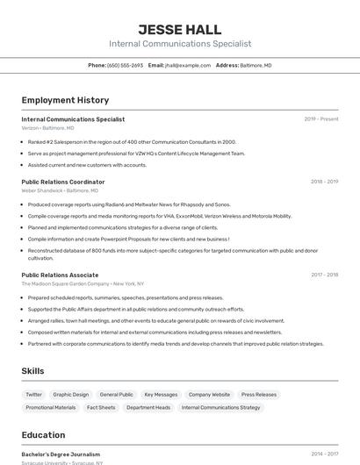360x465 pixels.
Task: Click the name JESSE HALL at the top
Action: pyautogui.click(x=180, y=30)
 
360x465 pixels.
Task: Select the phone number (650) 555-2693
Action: pyautogui.click(x=125, y=65)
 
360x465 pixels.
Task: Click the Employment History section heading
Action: pyautogui.click(x=65, y=100)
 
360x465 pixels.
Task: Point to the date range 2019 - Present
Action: pyautogui.click(x=321, y=119)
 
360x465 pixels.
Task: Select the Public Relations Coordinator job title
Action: pyautogui.click(x=63, y=182)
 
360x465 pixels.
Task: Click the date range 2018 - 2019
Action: pyautogui.click(x=324, y=182)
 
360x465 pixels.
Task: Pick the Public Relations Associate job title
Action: pyautogui.click(x=60, y=275)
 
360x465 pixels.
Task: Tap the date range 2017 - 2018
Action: pyautogui.click(x=324, y=275)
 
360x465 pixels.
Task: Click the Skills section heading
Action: pyautogui.click(x=32, y=371)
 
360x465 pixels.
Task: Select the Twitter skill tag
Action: pyautogui.click(x=34, y=395)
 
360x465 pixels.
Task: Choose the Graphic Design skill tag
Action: pyautogui.click(x=71, y=395)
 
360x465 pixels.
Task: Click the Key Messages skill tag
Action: pyautogui.click(x=161, y=395)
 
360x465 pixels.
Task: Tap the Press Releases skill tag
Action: pyautogui.click(x=259, y=395)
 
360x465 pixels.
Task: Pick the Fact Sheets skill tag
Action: pyautogui.click(x=101, y=408)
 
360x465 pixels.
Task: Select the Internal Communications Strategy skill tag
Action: pyautogui.click(x=221, y=408)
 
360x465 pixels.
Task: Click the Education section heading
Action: pyautogui.click(x=43, y=435)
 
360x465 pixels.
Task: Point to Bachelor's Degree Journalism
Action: pyautogui.click(x=61, y=454)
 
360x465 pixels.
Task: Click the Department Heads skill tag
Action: pyautogui.click(x=148, y=408)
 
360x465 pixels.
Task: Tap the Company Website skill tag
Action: pyautogui.click(x=209, y=395)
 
